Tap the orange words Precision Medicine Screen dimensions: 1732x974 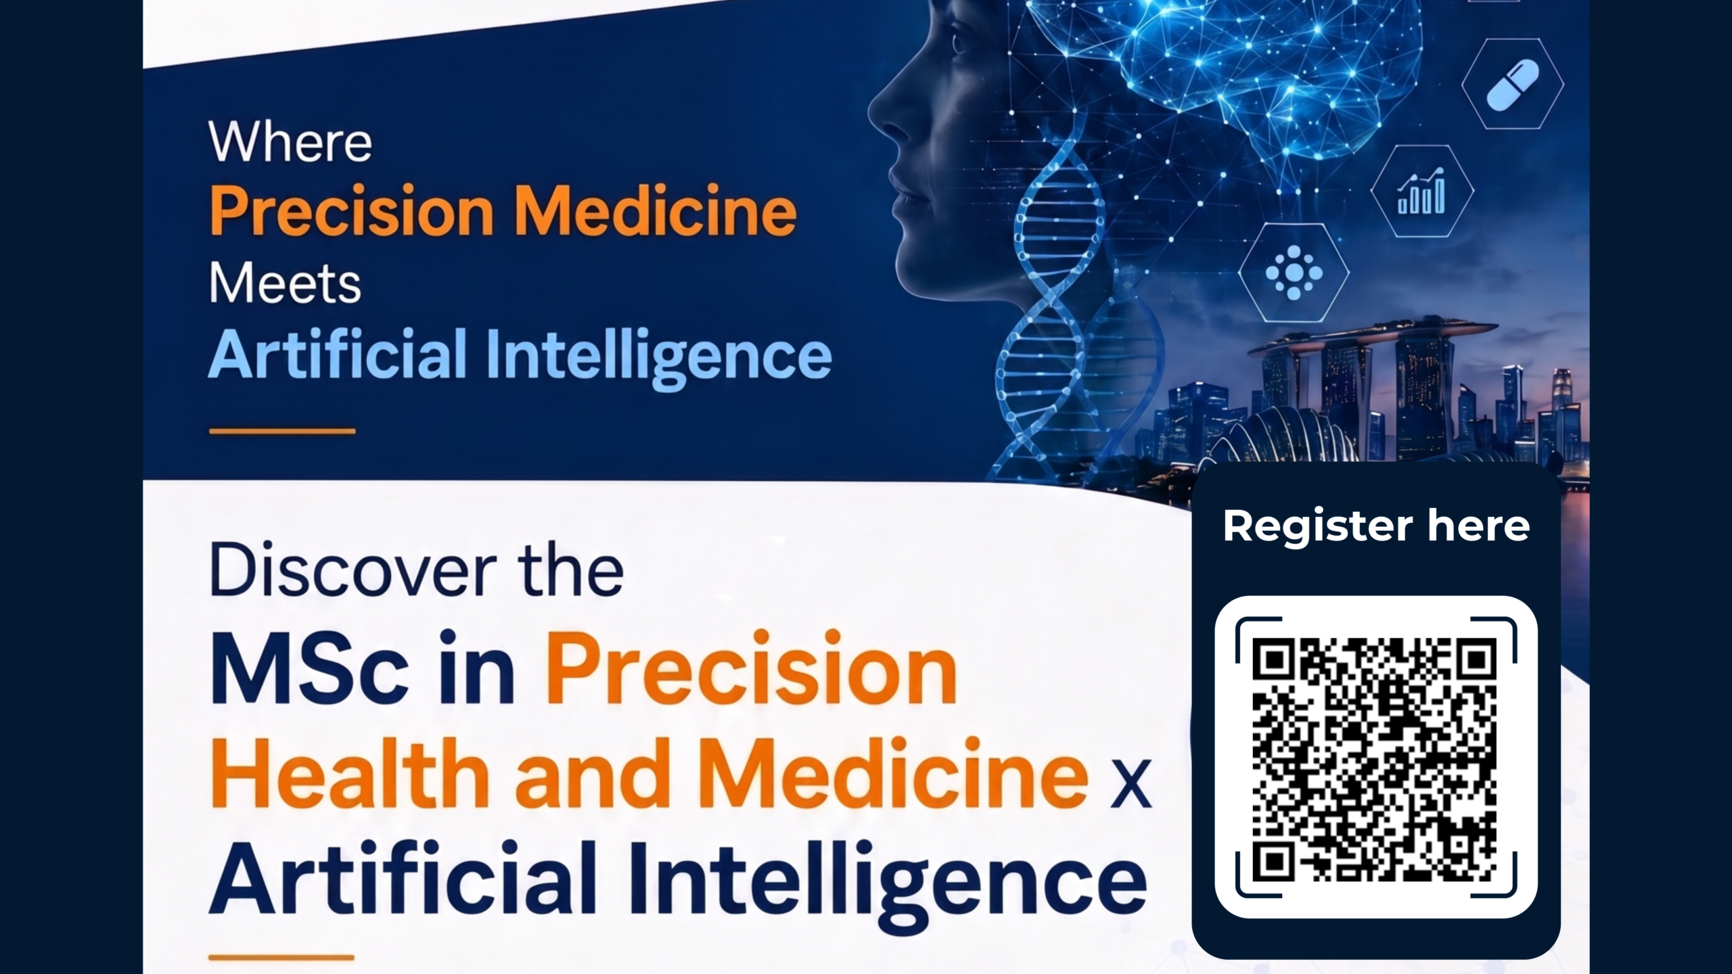[x=503, y=211]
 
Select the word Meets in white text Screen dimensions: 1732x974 [x=285, y=283]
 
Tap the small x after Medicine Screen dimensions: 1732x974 [x=1131, y=784]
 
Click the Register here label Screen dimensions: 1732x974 [x=1376, y=526]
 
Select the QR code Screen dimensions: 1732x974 [x=1375, y=758]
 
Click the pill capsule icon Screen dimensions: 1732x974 [x=1513, y=84]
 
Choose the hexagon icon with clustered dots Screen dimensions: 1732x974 [x=1294, y=273]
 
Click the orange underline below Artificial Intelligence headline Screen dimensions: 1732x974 [x=282, y=431]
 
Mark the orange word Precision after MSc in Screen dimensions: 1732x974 [x=751, y=669]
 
